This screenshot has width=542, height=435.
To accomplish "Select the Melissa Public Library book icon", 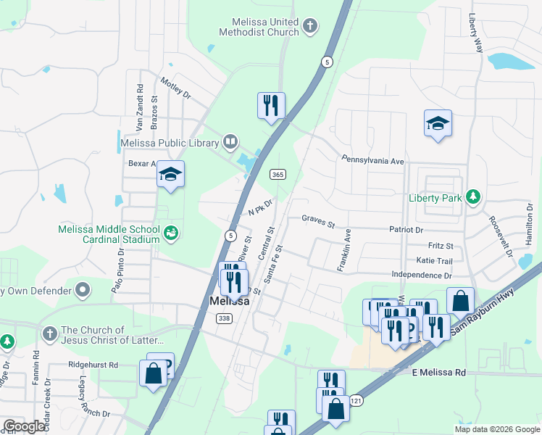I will coord(230,142).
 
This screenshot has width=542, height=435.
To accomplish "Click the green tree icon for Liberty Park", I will coord(473,197).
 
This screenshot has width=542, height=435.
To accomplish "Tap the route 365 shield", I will coord(277,174).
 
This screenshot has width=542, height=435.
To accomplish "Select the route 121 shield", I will coord(355,400).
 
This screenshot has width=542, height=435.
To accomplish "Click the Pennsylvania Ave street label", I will coord(372,159).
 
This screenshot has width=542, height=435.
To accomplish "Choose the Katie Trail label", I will coord(434,260).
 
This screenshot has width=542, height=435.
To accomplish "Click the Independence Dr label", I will coord(421,275).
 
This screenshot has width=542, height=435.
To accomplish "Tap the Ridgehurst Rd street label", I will coord(93,365).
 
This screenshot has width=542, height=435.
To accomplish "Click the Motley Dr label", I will coord(175,88).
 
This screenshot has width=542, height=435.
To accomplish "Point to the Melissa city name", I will coord(229,302).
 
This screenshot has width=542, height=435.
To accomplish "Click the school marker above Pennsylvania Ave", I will coord(438,124).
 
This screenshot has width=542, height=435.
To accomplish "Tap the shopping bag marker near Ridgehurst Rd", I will coord(154,375).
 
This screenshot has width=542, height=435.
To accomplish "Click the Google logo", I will coord(24,426).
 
